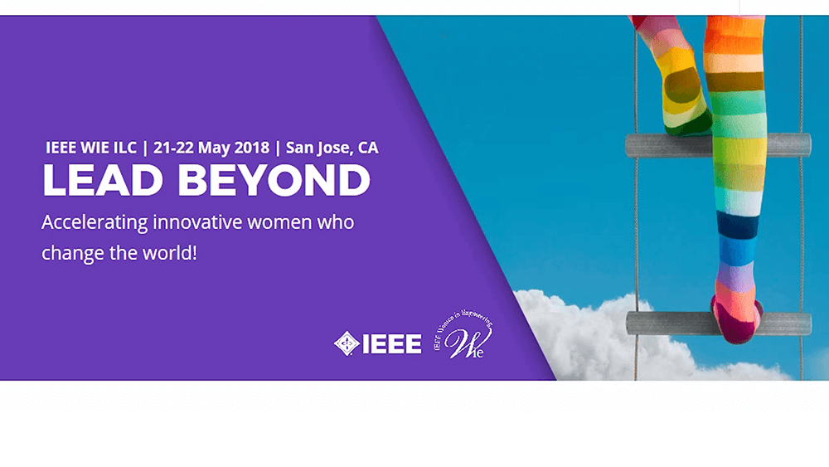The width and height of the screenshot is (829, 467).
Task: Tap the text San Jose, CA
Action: point(332,148)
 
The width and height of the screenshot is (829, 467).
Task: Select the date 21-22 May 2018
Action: point(211,148)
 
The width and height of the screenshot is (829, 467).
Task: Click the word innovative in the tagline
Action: point(191,223)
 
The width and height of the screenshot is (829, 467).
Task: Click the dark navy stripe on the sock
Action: point(738,225)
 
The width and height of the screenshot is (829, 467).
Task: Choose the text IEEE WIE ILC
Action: point(92,148)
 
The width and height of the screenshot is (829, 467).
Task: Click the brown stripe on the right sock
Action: point(734,81)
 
